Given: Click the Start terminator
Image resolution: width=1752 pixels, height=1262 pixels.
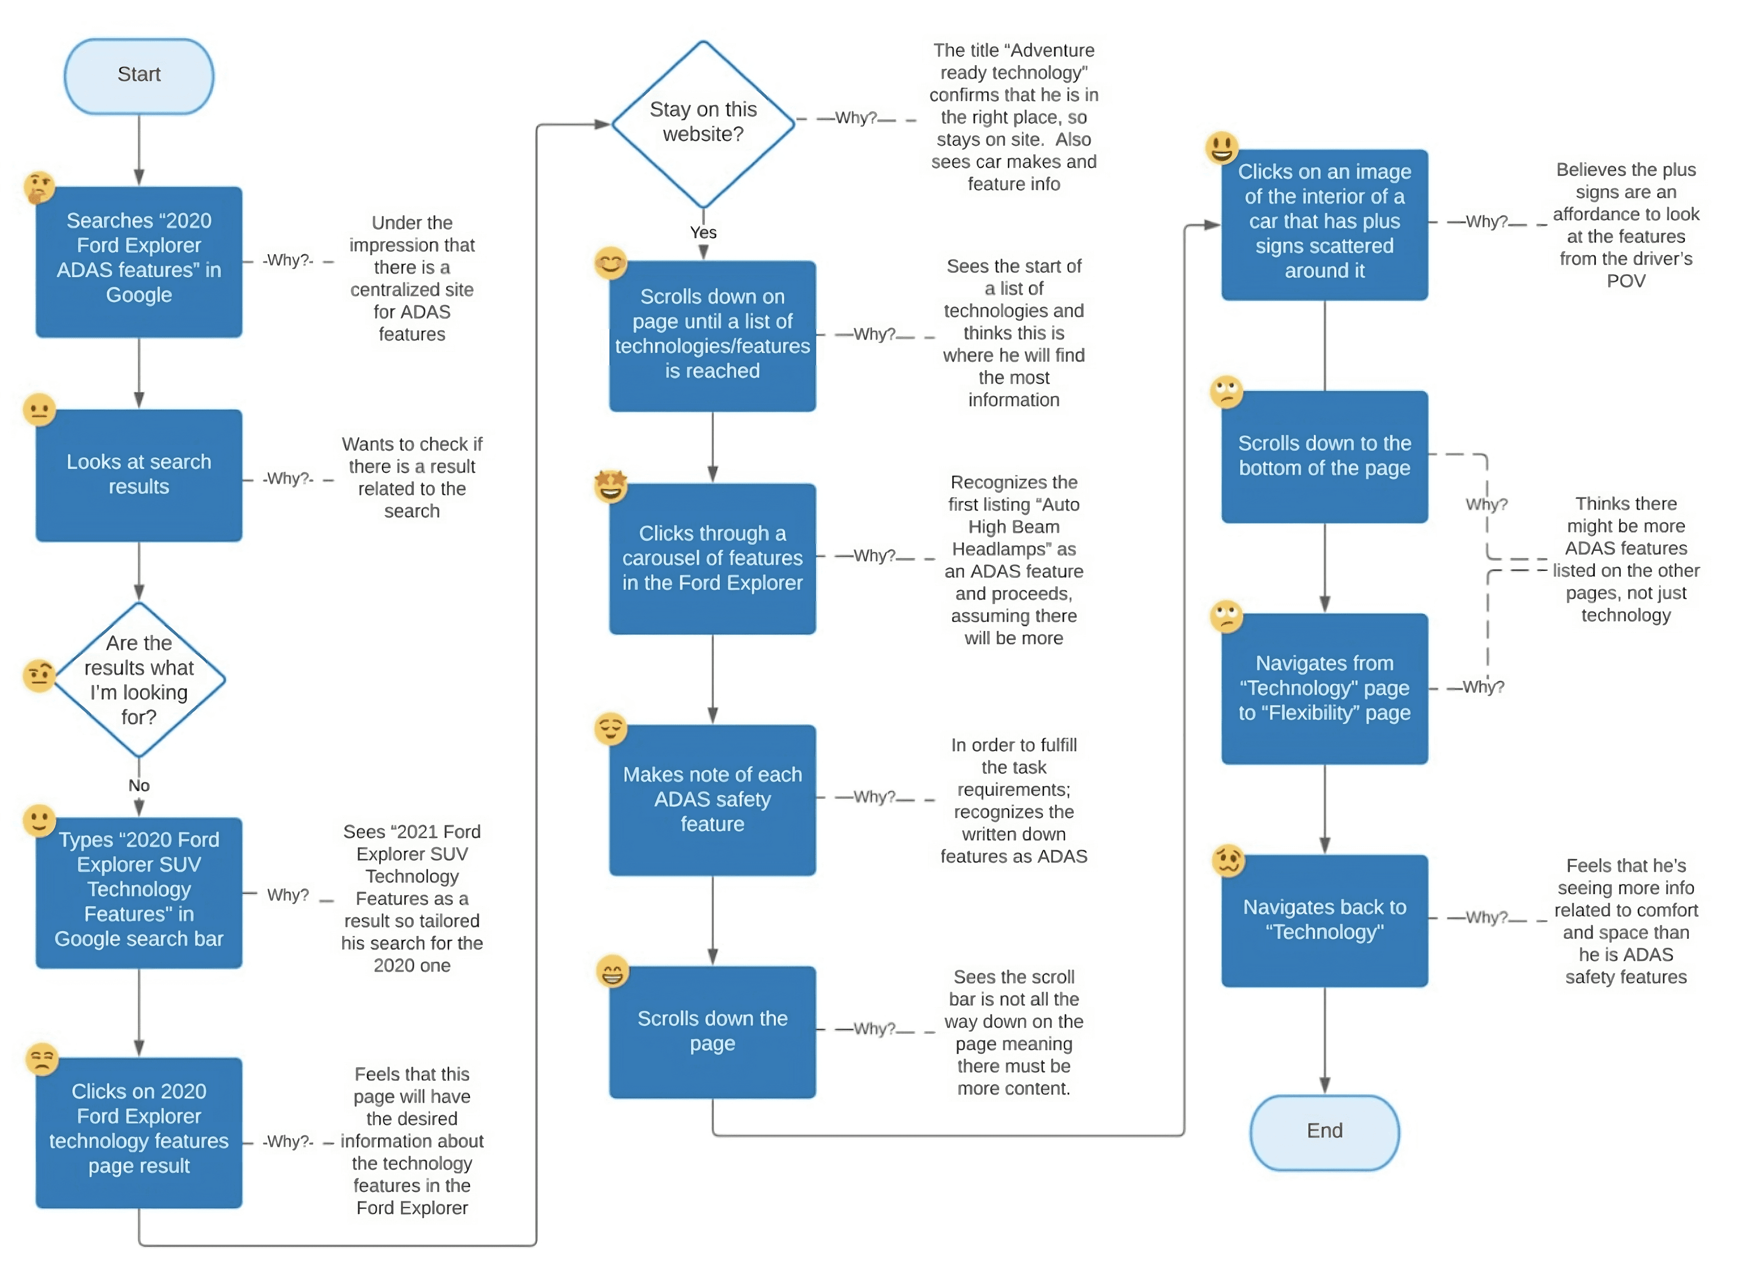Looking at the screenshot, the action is point(139,76).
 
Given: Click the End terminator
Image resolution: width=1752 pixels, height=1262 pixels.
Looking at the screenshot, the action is point(1325,1132).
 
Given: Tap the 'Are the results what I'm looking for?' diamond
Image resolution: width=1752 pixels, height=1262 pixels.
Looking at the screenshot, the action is point(139,680).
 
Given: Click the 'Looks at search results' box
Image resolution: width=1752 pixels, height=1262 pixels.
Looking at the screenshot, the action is point(139,475).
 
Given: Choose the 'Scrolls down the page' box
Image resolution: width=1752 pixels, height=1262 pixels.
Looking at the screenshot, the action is point(712,1032).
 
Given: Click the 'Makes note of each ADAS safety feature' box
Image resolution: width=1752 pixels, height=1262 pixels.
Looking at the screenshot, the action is point(712,800).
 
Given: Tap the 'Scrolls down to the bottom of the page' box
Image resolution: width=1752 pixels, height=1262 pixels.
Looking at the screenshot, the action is point(1325,457).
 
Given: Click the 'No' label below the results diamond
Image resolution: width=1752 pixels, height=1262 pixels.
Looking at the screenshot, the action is point(139,786).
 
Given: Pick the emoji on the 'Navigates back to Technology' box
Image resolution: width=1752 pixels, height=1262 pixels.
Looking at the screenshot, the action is point(1228,860).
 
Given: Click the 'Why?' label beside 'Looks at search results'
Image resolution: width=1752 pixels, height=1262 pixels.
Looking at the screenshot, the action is point(288,479).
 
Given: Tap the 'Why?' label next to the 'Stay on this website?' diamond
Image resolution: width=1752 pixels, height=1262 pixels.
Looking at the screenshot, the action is point(856,118).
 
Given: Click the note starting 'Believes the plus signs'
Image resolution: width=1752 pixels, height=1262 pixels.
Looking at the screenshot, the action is point(1625,225).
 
